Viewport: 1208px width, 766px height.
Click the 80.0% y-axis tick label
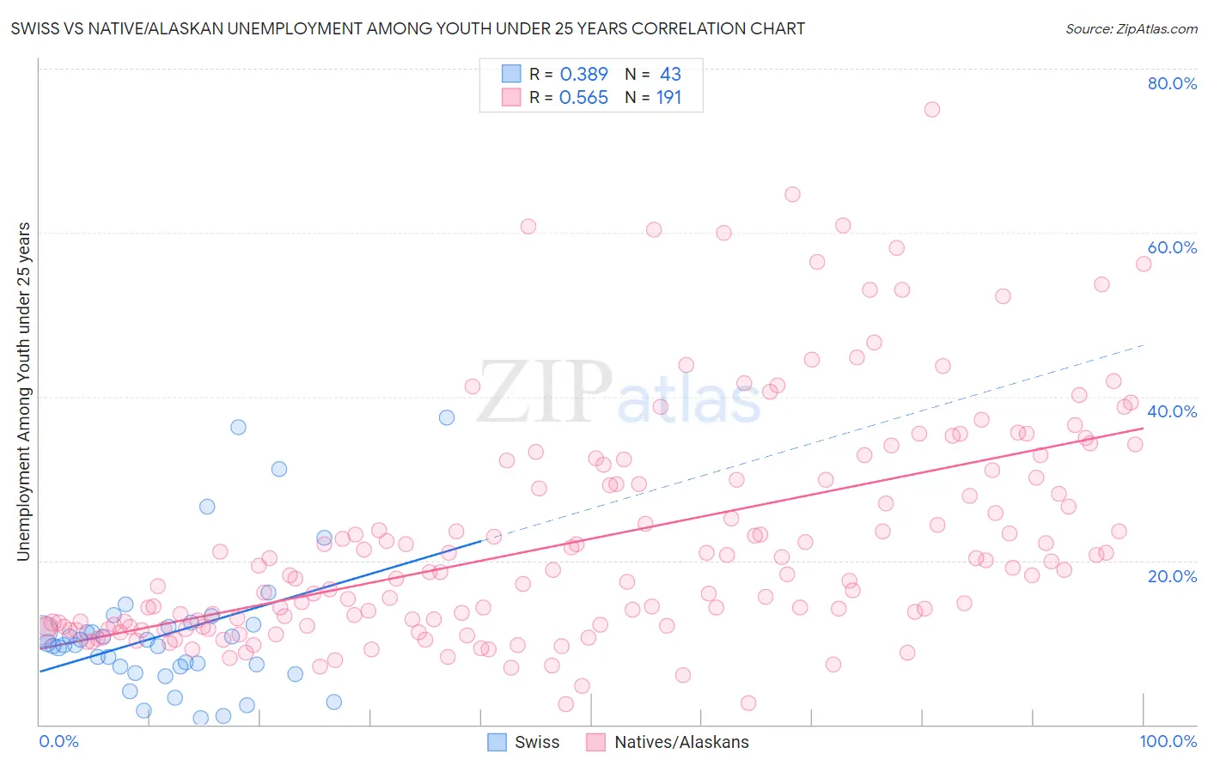coord(1172,83)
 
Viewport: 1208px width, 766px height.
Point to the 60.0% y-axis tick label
coord(1172,247)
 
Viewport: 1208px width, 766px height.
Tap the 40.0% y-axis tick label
coord(1172,411)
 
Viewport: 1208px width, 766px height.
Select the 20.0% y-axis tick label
coord(1172,576)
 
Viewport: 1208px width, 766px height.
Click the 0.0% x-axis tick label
coord(58,742)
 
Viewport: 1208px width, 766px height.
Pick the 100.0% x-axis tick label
coord(1168,742)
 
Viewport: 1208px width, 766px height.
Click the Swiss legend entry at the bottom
coord(523,742)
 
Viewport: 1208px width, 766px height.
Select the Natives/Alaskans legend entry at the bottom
coord(668,742)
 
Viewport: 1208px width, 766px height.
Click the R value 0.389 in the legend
coord(583,74)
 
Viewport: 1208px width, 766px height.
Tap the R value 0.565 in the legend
coord(583,98)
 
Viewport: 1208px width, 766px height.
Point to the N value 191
coord(668,98)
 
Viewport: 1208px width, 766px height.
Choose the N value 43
coord(670,74)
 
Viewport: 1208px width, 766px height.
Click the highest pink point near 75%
coord(932,109)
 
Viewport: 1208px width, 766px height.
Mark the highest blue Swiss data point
coord(447,417)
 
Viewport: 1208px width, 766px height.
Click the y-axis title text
coord(23,392)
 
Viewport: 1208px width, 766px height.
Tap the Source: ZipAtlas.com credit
coord(1131,28)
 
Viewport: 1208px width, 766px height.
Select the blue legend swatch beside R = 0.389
coord(511,74)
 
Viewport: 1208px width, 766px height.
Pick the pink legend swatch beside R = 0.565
coord(511,98)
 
